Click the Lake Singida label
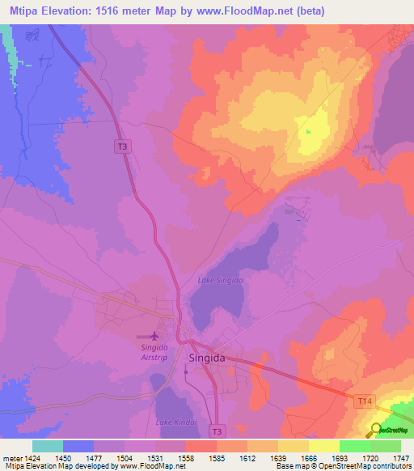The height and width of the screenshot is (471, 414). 221,280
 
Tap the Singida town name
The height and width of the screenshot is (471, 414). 211,357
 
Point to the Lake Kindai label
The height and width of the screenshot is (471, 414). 175,423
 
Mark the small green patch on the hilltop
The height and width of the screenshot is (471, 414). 307,131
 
